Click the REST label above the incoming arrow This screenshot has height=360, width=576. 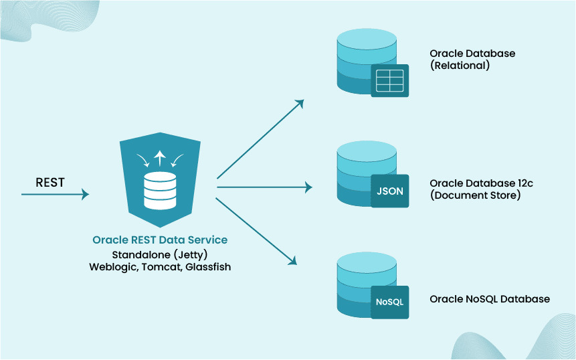coord(50,182)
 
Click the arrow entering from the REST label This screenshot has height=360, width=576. coord(55,194)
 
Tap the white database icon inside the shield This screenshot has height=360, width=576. coord(160,190)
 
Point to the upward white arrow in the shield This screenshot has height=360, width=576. coord(159,159)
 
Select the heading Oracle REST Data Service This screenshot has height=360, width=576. coord(160,240)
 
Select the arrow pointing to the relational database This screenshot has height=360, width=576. coord(260,140)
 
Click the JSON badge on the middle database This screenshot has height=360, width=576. coord(390,191)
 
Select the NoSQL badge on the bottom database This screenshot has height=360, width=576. coord(390,302)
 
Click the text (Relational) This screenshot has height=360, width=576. coord(460,66)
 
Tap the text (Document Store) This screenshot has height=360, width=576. coord(475,195)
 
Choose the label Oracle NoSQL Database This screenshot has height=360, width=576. coord(490,299)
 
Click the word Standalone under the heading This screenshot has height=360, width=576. coord(138,254)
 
